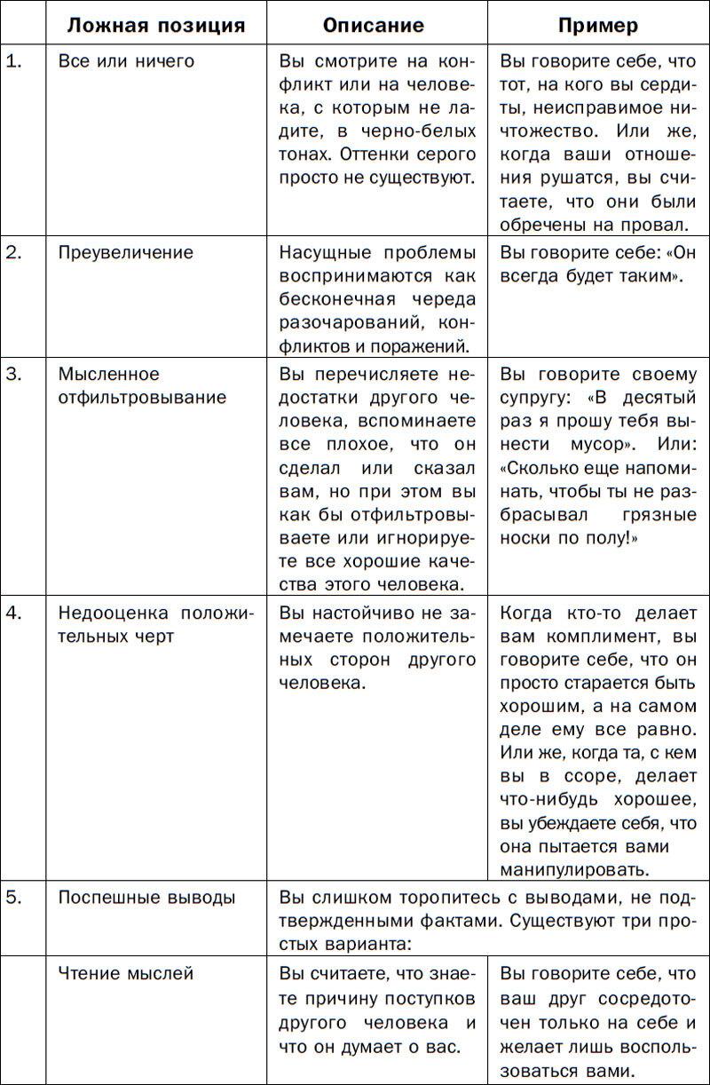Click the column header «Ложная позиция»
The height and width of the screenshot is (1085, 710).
tap(156, 25)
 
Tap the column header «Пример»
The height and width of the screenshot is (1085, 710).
tap(597, 25)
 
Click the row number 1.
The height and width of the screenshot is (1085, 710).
tap(13, 62)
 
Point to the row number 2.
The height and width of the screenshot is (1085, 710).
tap(13, 252)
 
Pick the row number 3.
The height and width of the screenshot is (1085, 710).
tap(13, 374)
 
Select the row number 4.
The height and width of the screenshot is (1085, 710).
tap(13, 614)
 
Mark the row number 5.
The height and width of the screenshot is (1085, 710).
tap(13, 898)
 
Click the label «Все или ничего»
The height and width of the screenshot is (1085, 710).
tap(126, 62)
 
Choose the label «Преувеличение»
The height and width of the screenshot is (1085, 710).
tap(125, 252)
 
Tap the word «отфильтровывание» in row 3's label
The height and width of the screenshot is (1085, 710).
tap(142, 398)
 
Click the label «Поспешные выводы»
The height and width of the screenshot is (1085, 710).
tap(147, 898)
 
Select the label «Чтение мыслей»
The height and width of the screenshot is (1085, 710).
tap(125, 974)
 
